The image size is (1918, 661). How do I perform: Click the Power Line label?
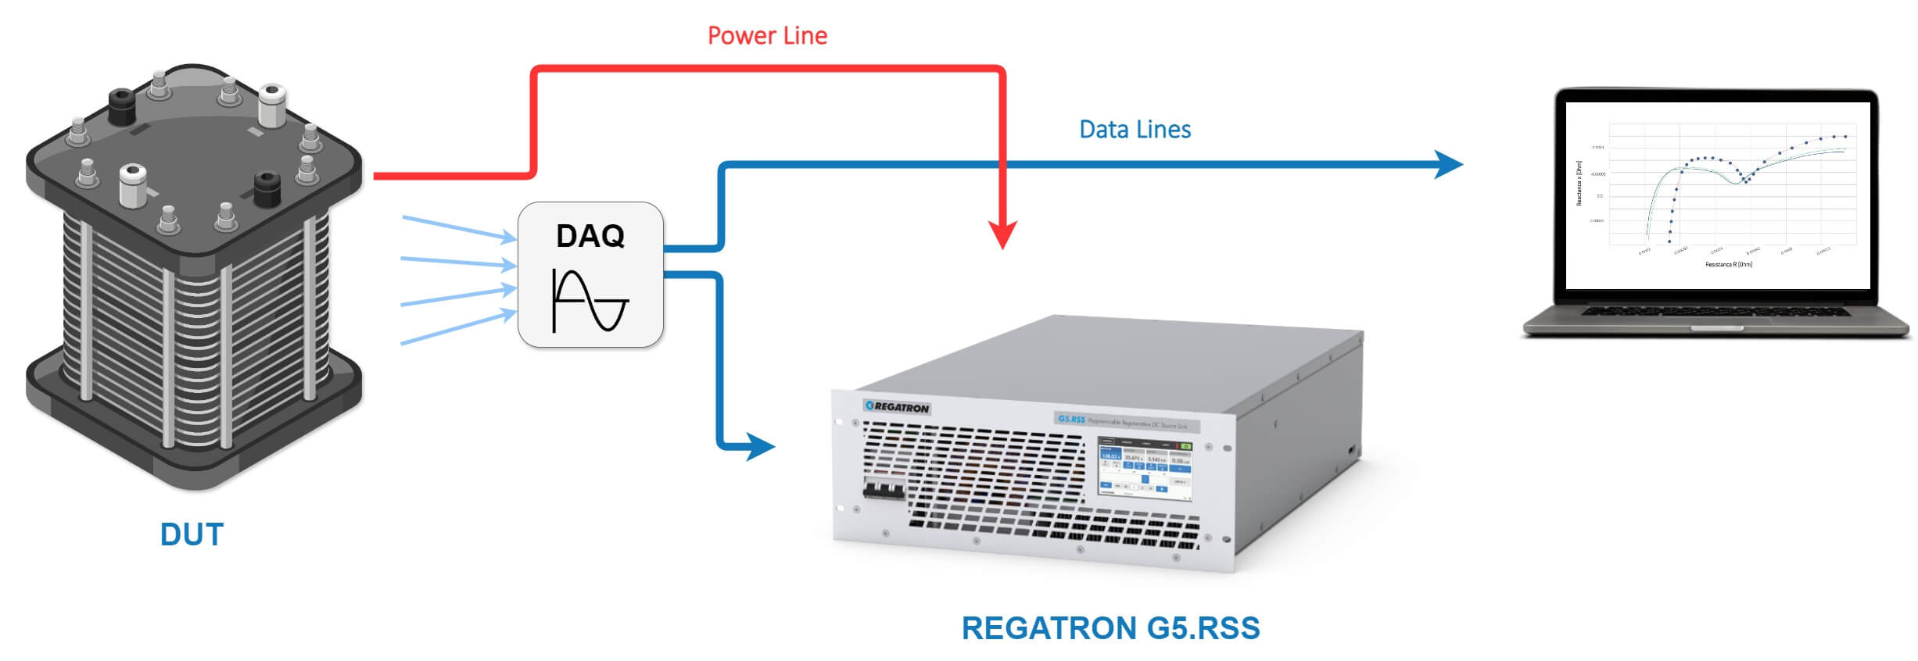[x=766, y=36]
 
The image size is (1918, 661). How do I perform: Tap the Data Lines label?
[x=1134, y=130]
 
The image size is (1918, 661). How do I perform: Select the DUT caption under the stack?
[x=192, y=535]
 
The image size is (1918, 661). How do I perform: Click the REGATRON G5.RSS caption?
[x=1110, y=628]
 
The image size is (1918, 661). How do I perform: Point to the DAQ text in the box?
[x=590, y=236]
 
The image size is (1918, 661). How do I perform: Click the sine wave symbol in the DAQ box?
[x=590, y=301]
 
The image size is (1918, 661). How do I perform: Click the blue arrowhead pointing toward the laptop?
[x=1448, y=164]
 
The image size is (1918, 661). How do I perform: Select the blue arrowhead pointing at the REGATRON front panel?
[x=759, y=447]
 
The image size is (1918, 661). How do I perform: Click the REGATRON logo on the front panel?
[x=897, y=407]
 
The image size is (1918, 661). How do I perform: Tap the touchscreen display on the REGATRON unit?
[x=1145, y=468]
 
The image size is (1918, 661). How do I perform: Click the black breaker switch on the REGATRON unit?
[x=884, y=491]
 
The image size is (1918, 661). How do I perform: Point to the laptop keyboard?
[x=1715, y=311]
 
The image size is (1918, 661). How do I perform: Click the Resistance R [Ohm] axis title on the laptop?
[x=1728, y=265]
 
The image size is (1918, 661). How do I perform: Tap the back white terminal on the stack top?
[x=272, y=105]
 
